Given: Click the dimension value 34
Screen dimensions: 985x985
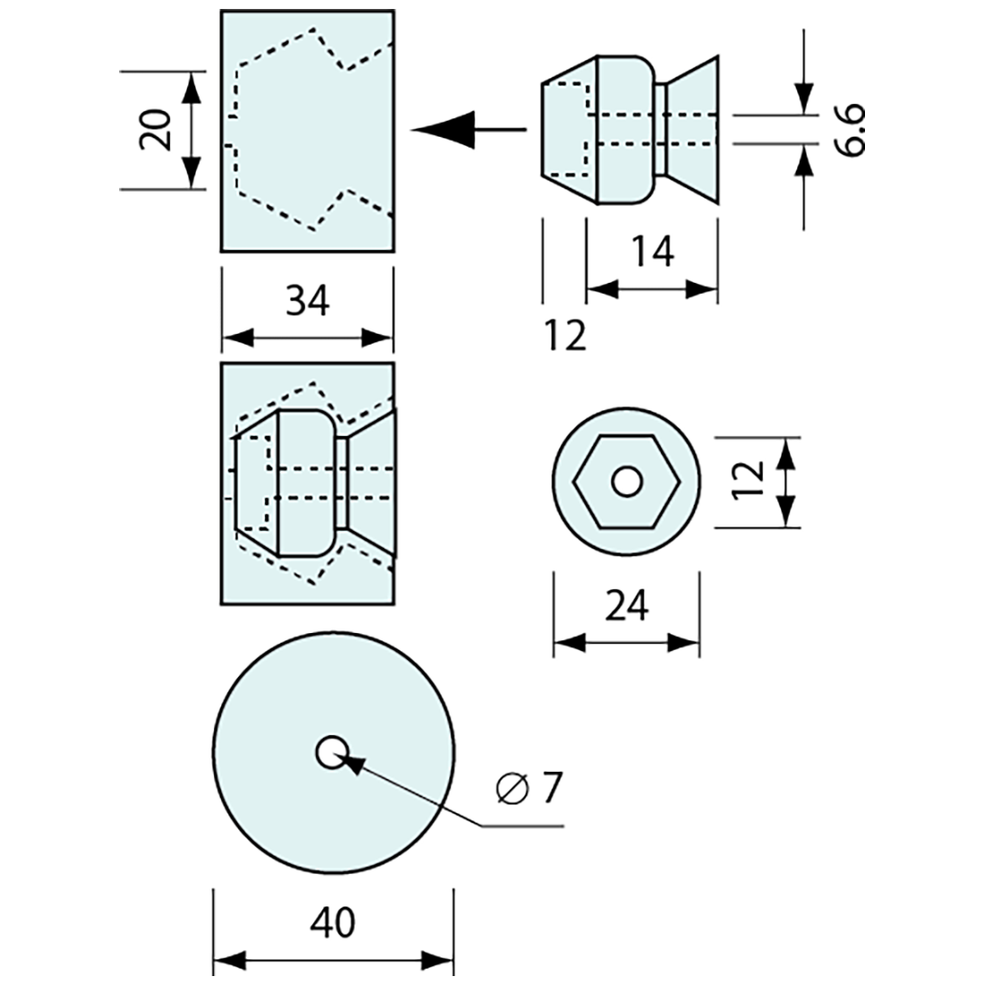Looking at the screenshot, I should (307, 302).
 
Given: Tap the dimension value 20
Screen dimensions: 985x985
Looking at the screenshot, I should (155, 131).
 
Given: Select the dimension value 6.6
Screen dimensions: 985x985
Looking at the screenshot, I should (852, 130).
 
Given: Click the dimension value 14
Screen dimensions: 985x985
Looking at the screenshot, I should (652, 253).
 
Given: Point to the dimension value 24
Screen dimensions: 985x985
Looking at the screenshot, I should (626, 608).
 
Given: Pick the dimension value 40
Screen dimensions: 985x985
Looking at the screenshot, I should (332, 921).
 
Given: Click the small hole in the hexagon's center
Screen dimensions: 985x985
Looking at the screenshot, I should (626, 481).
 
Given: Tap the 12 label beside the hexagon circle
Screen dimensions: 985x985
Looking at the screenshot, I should (751, 481).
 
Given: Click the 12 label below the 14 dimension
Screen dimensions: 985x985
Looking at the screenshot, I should (565, 335).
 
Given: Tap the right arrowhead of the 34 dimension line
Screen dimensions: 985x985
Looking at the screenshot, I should (379, 338).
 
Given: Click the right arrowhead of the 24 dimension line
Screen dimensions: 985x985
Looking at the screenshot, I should (685, 642).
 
